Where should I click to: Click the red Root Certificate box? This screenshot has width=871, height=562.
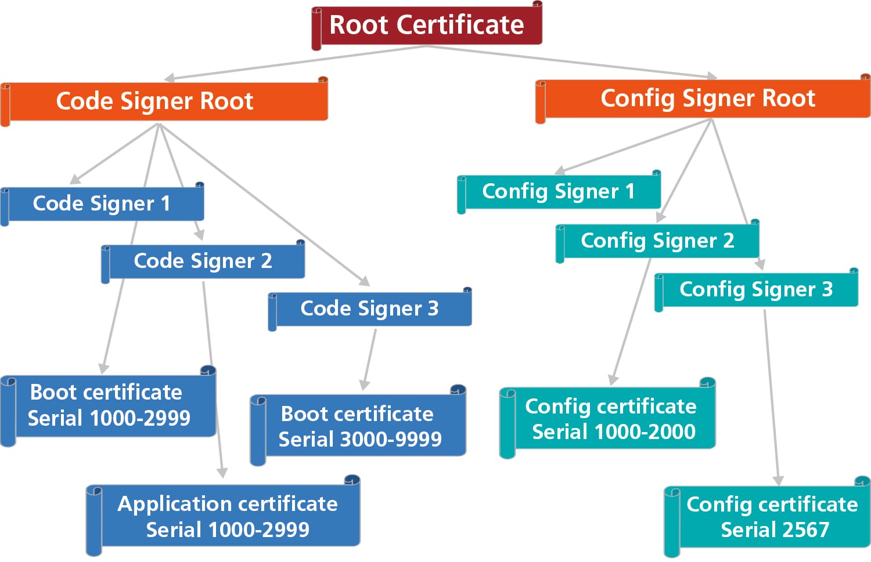point(427,26)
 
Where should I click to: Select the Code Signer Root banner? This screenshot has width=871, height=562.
point(155,101)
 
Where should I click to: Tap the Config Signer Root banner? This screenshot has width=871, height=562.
point(707,99)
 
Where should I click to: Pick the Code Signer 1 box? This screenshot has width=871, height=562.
point(102,204)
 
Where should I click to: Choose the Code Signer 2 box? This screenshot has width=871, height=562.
point(203,261)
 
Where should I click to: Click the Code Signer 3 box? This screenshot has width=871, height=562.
point(369,309)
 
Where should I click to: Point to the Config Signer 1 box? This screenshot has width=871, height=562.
point(559,191)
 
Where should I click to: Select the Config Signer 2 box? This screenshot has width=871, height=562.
point(657,241)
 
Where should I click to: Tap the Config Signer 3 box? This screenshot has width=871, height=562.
point(756,289)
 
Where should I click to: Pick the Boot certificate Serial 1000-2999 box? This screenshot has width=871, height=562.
point(109,405)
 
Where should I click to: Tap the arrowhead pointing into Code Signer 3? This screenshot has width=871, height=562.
point(365,281)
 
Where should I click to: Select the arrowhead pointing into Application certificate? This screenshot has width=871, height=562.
point(222,473)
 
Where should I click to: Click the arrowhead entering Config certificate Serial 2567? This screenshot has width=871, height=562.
point(779,480)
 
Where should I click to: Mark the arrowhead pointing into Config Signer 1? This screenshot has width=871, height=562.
point(560,170)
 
